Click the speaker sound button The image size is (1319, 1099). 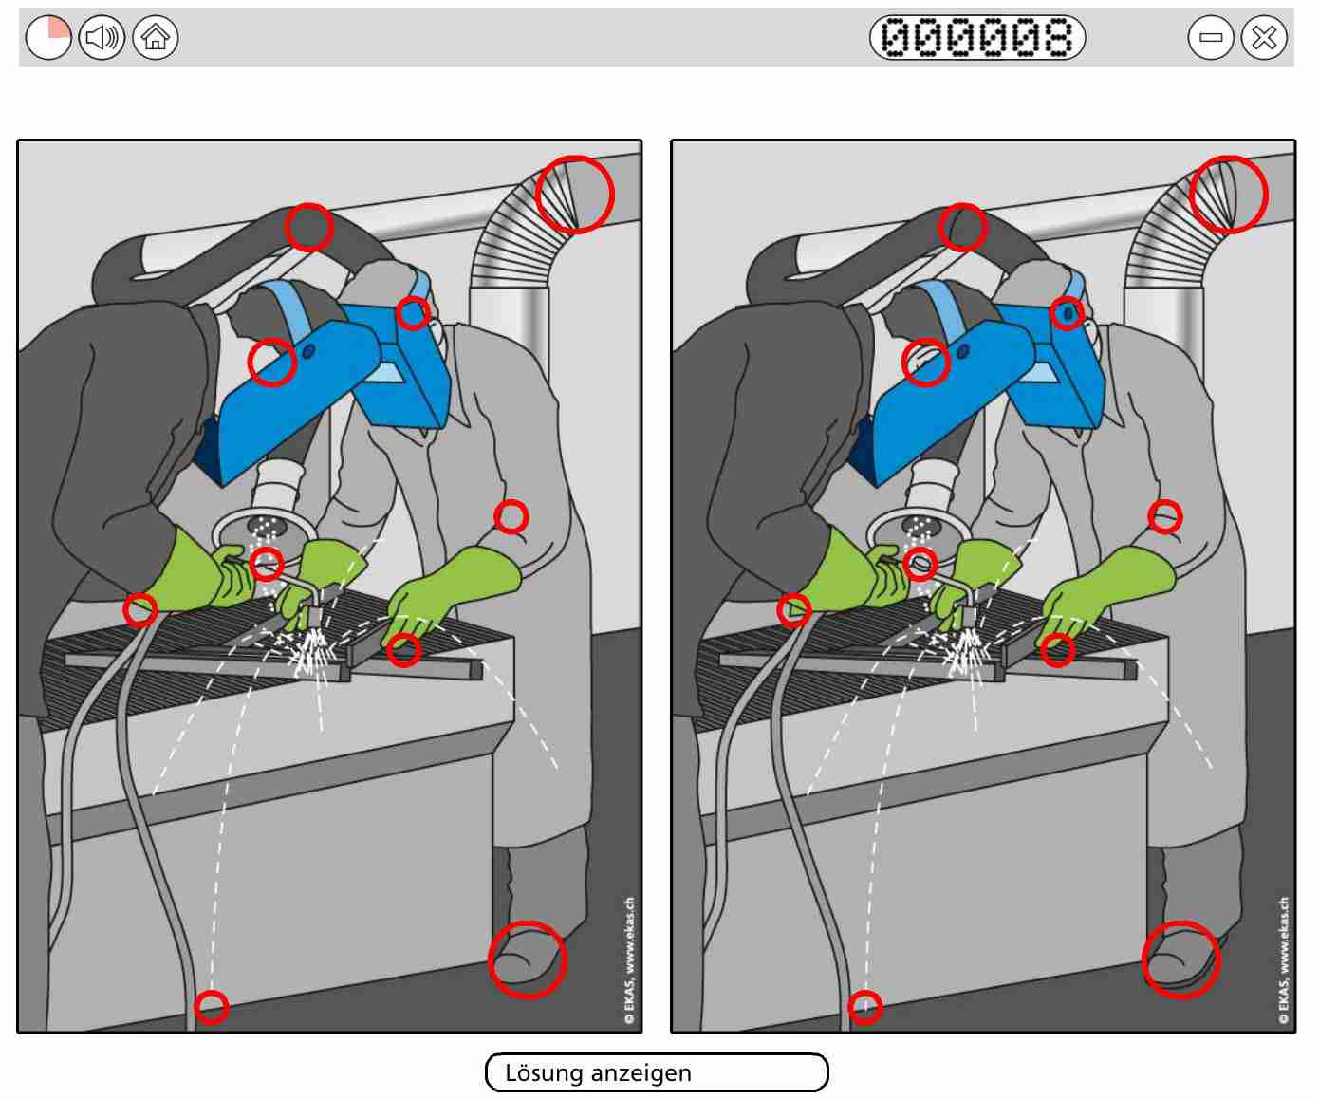point(102,37)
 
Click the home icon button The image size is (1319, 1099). point(156,37)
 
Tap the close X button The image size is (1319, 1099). point(1264,37)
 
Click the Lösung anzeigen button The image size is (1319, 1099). point(657,1072)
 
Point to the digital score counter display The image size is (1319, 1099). point(977,37)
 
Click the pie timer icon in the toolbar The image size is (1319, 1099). point(48,37)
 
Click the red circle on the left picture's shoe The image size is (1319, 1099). point(528,960)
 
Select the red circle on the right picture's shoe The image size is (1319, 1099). point(1181,960)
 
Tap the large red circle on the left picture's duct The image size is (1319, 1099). point(575,194)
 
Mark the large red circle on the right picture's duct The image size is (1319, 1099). point(1229,194)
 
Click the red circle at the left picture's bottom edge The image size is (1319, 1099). point(212,1007)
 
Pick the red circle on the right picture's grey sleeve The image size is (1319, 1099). point(1165,517)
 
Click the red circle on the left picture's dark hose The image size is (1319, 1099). point(309,227)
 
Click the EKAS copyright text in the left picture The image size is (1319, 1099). point(630,960)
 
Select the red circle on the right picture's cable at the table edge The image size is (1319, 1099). point(794,610)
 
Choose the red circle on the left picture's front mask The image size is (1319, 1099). point(272,363)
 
